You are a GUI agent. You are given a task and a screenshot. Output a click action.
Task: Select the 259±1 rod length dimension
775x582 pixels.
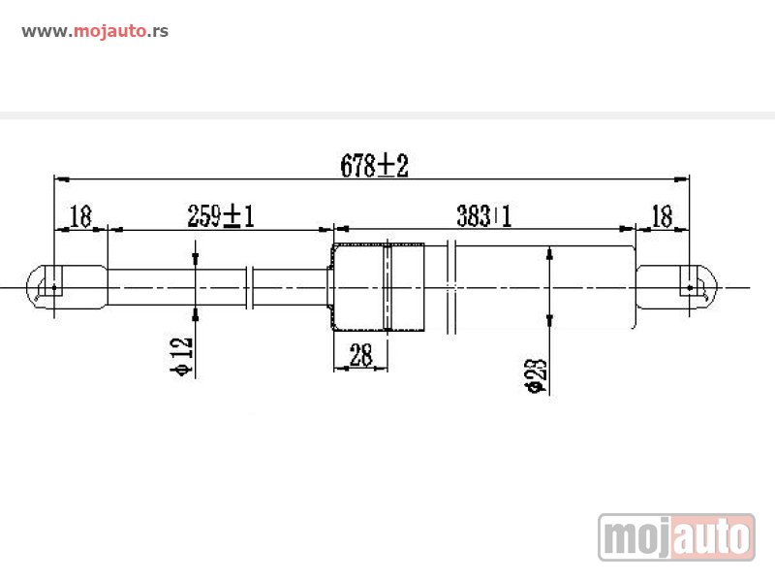pyautogui.click(x=220, y=216)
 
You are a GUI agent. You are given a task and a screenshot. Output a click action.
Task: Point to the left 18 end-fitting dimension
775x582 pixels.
pyautogui.click(x=81, y=216)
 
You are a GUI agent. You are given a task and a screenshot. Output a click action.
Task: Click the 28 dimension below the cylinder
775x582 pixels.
pyautogui.click(x=360, y=356)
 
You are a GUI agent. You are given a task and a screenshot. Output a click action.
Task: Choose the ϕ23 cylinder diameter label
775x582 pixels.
pyautogui.click(x=537, y=374)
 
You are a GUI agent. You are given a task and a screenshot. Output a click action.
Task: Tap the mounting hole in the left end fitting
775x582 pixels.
pyautogui.click(x=54, y=288)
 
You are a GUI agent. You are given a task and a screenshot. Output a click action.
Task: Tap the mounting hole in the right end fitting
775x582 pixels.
pyautogui.click(x=690, y=288)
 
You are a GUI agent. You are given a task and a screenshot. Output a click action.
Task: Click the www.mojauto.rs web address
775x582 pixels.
pyautogui.click(x=95, y=31)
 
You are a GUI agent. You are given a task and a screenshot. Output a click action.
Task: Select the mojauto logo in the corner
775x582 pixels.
pyautogui.click(x=676, y=536)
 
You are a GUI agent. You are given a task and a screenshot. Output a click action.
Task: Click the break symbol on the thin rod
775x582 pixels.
pyautogui.click(x=251, y=287)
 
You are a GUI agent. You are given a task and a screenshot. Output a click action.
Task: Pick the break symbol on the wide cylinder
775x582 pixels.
pyautogui.click(x=451, y=287)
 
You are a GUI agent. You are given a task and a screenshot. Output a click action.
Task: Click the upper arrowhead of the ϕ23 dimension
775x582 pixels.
pyautogui.click(x=549, y=254)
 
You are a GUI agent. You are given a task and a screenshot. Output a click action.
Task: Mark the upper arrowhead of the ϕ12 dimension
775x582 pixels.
pyautogui.click(x=196, y=259)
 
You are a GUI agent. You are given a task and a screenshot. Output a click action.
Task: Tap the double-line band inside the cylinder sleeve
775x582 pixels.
pyautogui.click(x=387, y=287)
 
